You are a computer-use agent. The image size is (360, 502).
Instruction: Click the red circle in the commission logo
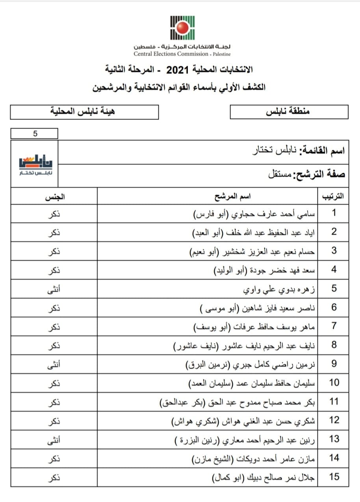[182, 28]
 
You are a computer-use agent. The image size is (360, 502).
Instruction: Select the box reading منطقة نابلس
[289, 112]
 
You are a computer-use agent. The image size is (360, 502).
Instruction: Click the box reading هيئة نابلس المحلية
[84, 112]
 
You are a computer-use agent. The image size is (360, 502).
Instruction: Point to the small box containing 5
[35, 134]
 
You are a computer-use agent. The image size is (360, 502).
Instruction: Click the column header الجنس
[57, 196]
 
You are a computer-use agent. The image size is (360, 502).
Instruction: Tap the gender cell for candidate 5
[57, 289]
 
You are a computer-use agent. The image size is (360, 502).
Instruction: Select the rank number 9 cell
[334, 363]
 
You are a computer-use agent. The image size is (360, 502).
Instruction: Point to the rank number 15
[334, 477]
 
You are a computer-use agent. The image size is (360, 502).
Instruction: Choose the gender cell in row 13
[57, 439]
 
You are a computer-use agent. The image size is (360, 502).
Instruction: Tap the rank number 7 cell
[334, 326]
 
